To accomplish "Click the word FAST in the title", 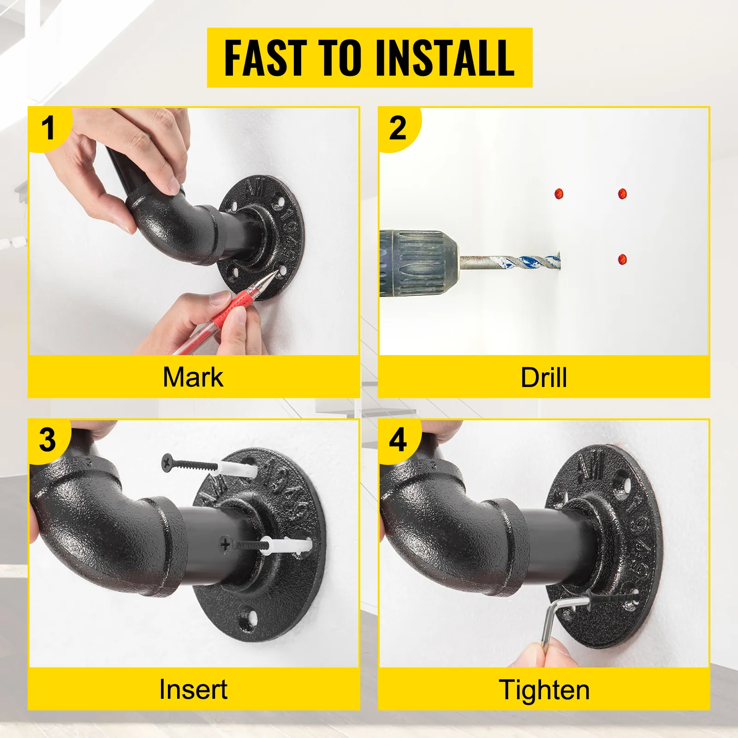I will [265, 58].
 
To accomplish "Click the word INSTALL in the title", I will [445, 58].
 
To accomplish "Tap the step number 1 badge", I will [48, 128].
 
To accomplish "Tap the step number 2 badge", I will [398, 128].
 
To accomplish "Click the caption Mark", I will [193, 377].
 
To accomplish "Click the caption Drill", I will [543, 378].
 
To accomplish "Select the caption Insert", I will [193, 690].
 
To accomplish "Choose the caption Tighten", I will [544, 690].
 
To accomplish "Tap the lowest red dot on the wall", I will [623, 259].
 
